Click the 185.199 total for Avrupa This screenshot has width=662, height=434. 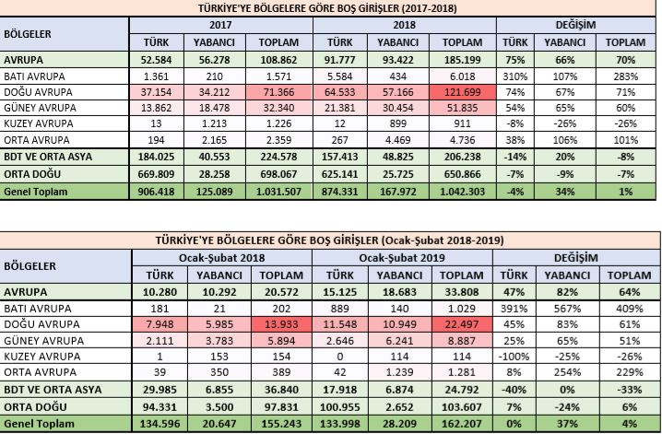pyautogui.click(x=464, y=60)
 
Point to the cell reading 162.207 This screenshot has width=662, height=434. pyautogui.click(x=464, y=423)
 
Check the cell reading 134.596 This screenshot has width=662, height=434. pyautogui.click(x=157, y=423)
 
